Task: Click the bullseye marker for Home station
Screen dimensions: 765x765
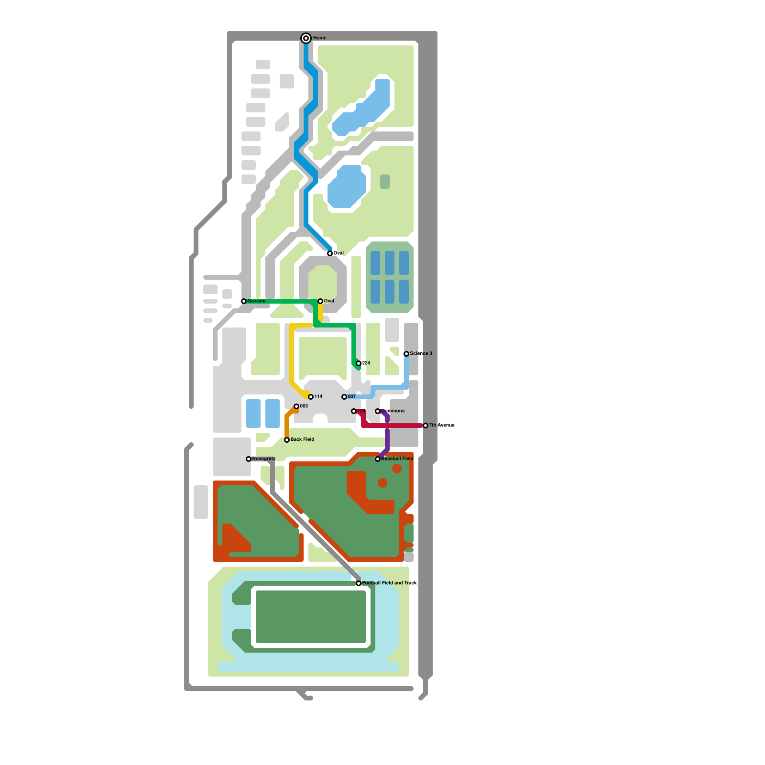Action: click(x=306, y=38)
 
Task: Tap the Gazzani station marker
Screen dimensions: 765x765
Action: click(x=244, y=301)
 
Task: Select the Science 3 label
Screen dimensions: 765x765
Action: click(x=421, y=354)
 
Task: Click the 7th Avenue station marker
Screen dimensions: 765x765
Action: click(x=426, y=426)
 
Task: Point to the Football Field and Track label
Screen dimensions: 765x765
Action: click(x=389, y=583)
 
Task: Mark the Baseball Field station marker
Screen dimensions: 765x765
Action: click(x=378, y=459)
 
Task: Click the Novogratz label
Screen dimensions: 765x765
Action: click(x=263, y=459)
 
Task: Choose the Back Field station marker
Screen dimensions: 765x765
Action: click(x=287, y=440)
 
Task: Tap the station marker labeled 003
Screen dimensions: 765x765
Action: click(x=296, y=406)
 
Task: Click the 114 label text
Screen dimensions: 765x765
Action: click(x=318, y=397)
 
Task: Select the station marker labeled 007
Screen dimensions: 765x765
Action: click(x=344, y=397)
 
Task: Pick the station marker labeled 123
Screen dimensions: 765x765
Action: click(x=354, y=411)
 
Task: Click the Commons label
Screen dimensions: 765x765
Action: click(x=393, y=411)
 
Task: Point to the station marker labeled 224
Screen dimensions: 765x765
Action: click(x=359, y=363)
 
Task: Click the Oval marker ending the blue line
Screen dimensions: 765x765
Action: click(x=330, y=253)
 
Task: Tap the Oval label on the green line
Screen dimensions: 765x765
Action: click(x=329, y=301)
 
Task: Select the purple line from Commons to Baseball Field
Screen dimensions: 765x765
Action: click(x=387, y=437)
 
